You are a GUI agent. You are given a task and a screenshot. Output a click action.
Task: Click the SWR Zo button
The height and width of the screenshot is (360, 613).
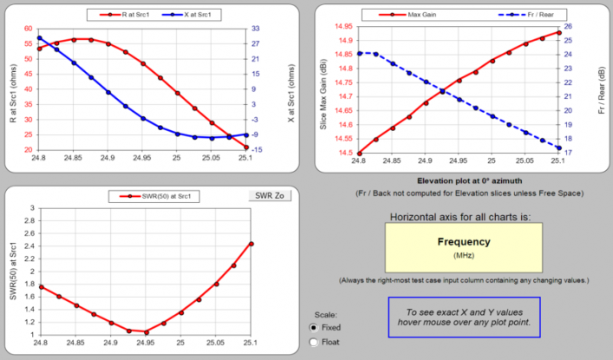click(x=270, y=195)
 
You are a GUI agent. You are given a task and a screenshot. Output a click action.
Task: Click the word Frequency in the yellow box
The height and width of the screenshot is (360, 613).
click(x=464, y=242)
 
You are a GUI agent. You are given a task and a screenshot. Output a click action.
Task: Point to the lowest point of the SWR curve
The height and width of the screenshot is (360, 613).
click(x=146, y=332)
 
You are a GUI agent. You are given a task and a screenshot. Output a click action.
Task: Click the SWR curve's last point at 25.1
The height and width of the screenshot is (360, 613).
click(x=251, y=244)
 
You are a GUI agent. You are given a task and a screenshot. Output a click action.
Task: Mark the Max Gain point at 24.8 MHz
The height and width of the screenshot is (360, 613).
click(x=359, y=154)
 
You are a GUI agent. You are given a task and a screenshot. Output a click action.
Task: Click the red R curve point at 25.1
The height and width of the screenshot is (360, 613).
click(x=246, y=147)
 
